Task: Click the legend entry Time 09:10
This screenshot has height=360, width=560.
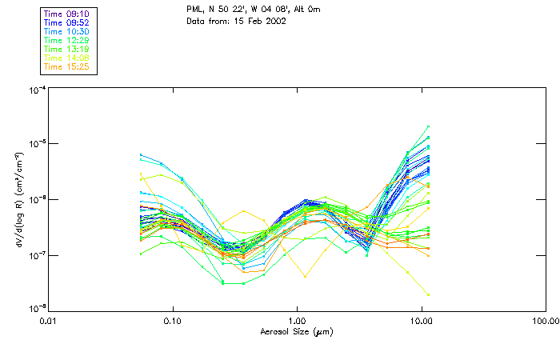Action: (66, 14)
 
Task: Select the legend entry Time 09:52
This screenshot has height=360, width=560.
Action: (66, 22)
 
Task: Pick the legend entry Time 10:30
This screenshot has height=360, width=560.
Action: (66, 31)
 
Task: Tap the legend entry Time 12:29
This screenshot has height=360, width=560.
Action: (66, 40)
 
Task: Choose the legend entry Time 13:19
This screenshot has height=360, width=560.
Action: (66, 49)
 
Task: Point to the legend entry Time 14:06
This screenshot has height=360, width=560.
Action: (66, 58)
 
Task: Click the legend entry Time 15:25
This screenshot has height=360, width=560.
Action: (66, 66)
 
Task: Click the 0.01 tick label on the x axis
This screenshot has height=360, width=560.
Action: (49, 321)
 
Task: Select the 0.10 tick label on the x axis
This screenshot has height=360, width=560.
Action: (173, 321)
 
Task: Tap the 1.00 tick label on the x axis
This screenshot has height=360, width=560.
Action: (297, 321)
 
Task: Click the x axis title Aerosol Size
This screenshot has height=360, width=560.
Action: (296, 331)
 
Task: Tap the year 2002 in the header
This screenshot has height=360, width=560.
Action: (276, 21)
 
